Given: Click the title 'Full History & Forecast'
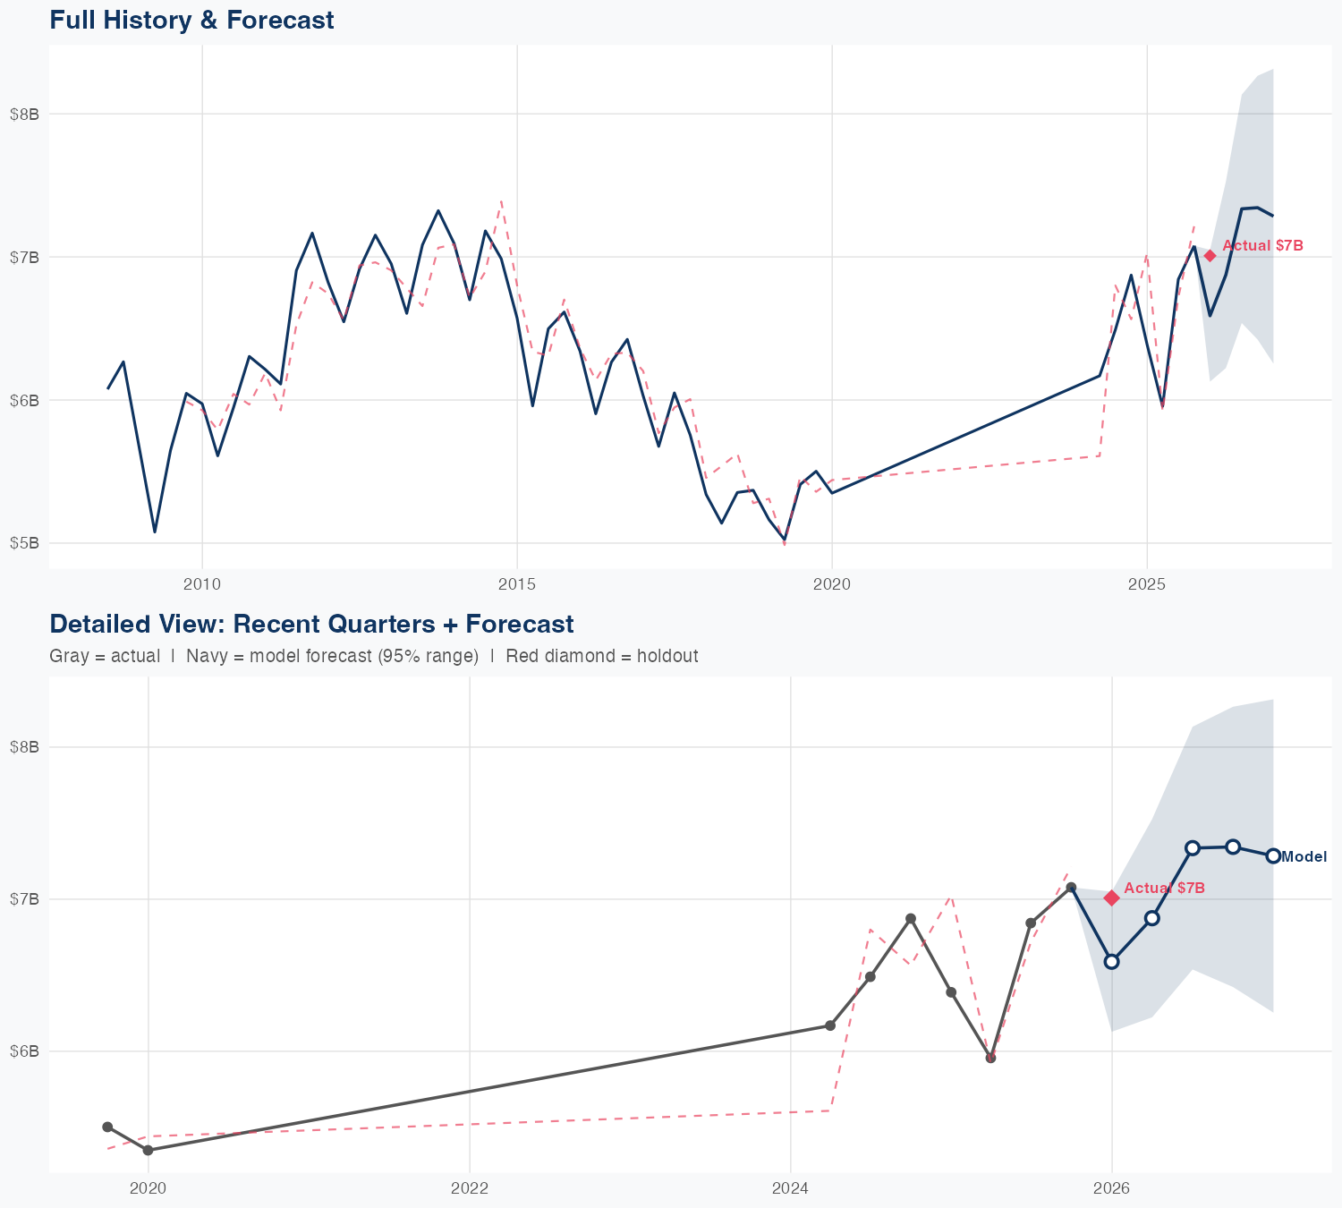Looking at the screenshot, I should tap(191, 20).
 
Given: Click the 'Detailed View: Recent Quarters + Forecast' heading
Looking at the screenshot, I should tap(311, 624).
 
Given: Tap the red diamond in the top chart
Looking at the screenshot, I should tap(1210, 256).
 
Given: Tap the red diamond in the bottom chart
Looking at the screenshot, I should tap(1111, 897).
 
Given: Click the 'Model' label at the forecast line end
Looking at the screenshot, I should tap(1304, 857).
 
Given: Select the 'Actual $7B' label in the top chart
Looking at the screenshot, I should tap(1262, 246).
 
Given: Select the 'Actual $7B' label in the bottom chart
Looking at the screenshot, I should tap(1164, 889).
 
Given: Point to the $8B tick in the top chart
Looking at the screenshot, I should tap(24, 114).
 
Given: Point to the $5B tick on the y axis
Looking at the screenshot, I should tap(24, 543).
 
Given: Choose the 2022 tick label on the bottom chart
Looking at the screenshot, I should tap(469, 1188).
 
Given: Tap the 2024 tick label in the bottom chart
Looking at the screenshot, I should tap(791, 1188).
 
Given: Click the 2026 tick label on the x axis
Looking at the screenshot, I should tap(1111, 1188).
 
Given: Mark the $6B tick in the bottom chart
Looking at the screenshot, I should tap(24, 1051).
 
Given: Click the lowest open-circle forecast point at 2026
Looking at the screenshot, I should tap(1111, 962).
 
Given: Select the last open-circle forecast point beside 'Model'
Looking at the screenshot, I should tap(1273, 856).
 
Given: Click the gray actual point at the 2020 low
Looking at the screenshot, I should tap(148, 1150).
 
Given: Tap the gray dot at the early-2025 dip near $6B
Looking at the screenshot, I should tap(990, 1058).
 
